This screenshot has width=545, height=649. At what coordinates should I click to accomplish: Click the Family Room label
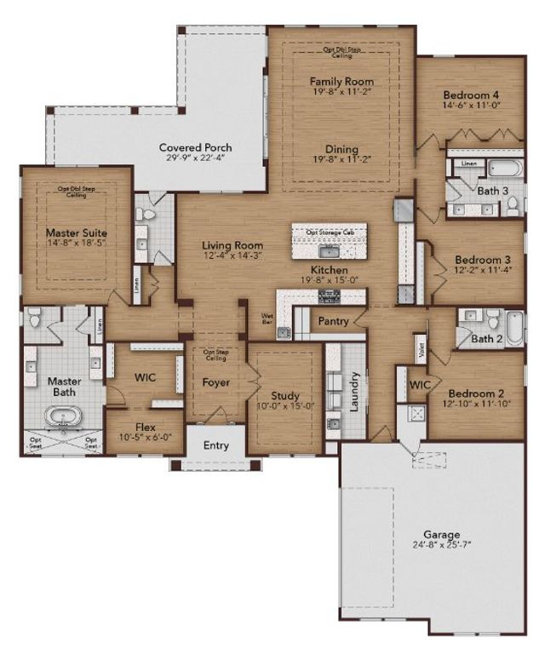pos(341,82)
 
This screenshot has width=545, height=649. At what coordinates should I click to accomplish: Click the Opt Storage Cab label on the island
pos(330,231)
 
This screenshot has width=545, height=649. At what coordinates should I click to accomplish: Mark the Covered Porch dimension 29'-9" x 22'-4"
pos(196,159)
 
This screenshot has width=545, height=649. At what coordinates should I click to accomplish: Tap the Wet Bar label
pos(267,319)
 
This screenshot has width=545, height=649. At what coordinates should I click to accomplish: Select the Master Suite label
pos(77,232)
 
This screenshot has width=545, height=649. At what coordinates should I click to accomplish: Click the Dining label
pos(341,150)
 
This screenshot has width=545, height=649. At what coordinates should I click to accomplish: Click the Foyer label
pos(216,382)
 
